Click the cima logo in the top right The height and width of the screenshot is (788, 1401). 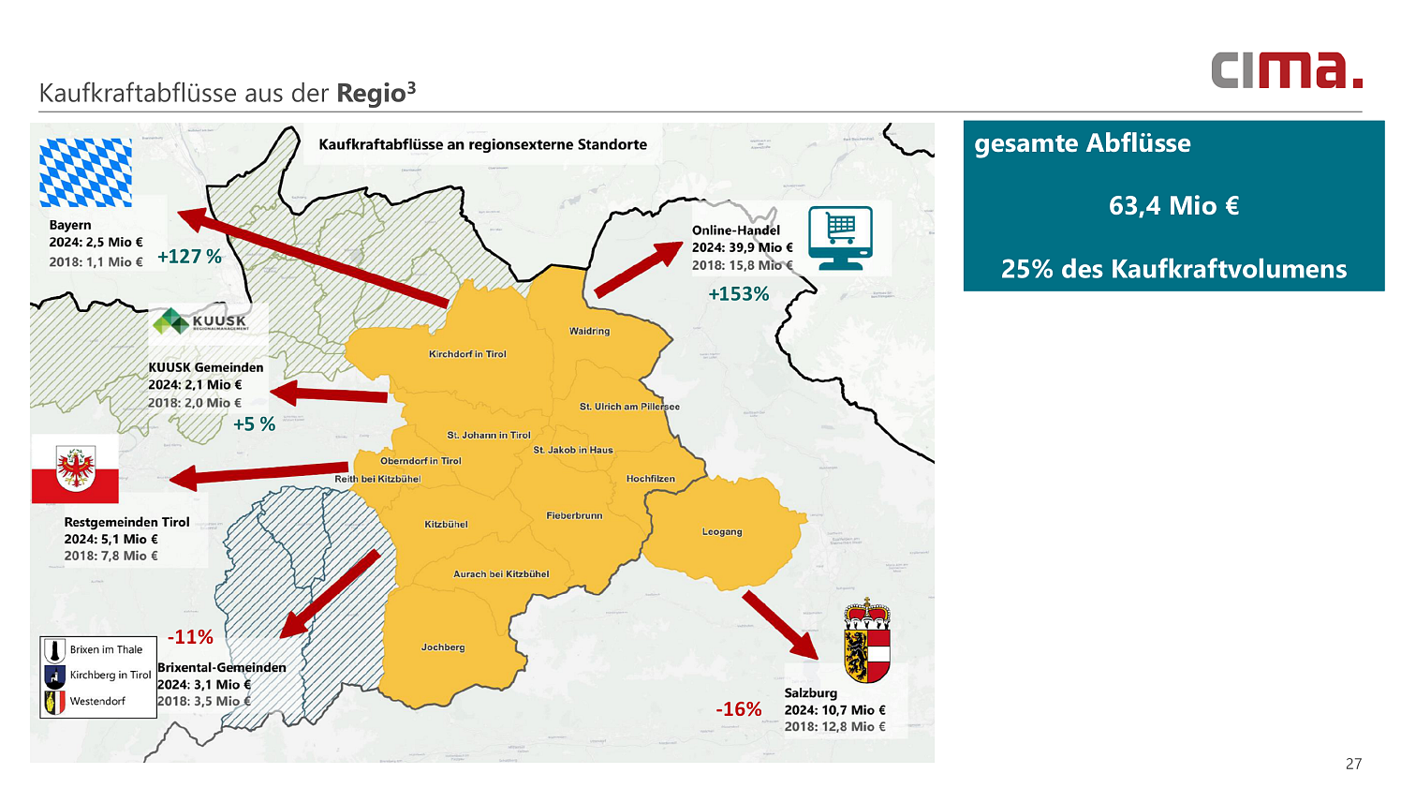pyautogui.click(x=1286, y=70)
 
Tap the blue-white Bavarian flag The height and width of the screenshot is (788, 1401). pyautogui.click(x=85, y=172)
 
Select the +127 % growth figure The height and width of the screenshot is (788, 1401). pyautogui.click(x=189, y=257)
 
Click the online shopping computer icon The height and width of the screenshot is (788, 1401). pyautogui.click(x=840, y=238)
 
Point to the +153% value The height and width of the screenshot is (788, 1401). pyautogui.click(x=738, y=294)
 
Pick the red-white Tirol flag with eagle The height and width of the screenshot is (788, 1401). pyautogui.click(x=75, y=468)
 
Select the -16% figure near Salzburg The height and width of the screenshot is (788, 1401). pyautogui.click(x=738, y=709)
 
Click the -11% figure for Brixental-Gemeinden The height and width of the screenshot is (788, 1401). pyautogui.click(x=190, y=637)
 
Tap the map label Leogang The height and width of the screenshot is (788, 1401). pyautogui.click(x=722, y=531)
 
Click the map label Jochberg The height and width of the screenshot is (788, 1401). pyautogui.click(x=443, y=647)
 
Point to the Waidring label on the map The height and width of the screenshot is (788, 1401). pyautogui.click(x=589, y=331)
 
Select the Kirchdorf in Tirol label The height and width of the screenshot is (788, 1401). pyautogui.click(x=467, y=354)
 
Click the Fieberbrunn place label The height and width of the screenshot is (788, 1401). pyautogui.click(x=574, y=515)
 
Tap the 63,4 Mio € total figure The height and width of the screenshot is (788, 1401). pyautogui.click(x=1173, y=206)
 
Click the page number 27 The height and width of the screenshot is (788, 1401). pyautogui.click(x=1353, y=764)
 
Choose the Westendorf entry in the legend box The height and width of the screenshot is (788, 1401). pyautogui.click(x=96, y=701)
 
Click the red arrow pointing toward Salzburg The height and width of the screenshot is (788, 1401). pyautogui.click(x=779, y=625)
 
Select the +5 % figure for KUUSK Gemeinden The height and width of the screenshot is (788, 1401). pyautogui.click(x=254, y=424)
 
